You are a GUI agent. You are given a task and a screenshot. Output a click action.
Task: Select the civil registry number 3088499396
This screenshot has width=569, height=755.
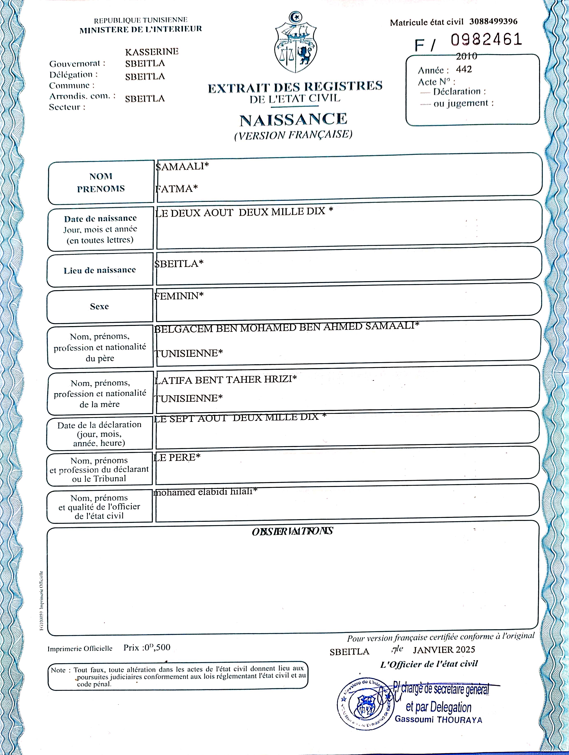[x=493, y=21]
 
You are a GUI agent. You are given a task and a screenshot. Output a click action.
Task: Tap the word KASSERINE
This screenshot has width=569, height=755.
[x=152, y=52]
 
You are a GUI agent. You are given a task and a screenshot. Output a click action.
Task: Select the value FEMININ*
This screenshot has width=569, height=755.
[x=179, y=296]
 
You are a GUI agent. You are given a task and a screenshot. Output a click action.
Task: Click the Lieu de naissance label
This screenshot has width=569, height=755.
[x=100, y=270]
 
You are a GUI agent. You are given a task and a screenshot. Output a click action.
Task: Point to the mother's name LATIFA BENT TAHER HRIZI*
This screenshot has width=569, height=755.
[x=225, y=379]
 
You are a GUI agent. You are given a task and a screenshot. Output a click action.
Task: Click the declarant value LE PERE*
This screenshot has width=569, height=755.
[x=177, y=457]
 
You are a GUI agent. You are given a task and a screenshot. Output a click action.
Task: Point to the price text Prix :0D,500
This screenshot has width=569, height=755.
[x=147, y=647]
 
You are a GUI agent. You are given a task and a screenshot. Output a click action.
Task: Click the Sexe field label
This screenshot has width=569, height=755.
[x=99, y=307]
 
